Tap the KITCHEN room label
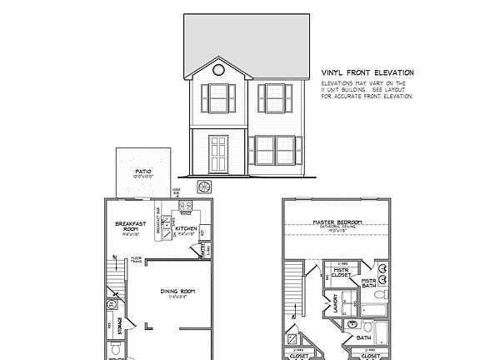click(185, 228)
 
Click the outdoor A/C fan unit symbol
click(203, 187)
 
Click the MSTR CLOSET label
click(341, 272)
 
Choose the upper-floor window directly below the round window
click(218, 99)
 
